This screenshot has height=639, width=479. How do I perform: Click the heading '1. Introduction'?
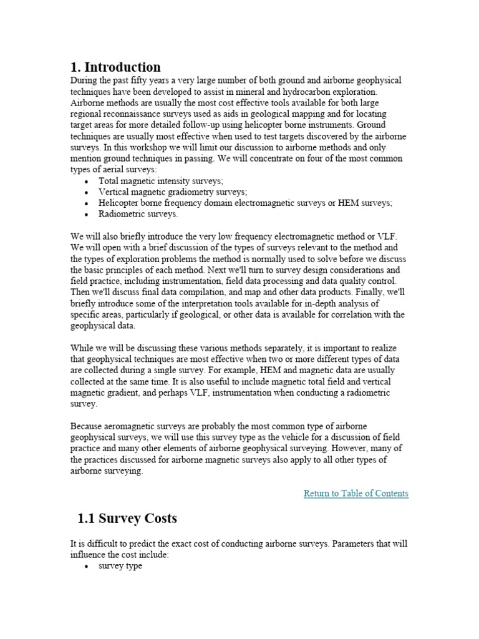point(115,67)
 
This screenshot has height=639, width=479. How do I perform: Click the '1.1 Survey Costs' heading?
point(127,519)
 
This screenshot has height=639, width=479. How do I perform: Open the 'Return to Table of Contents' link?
point(356,493)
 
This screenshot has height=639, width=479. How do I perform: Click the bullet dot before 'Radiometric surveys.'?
point(85,214)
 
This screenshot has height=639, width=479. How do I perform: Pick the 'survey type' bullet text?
point(120,565)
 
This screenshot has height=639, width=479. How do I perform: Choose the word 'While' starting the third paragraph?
point(82,348)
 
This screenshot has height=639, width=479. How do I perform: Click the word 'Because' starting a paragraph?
point(87,426)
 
